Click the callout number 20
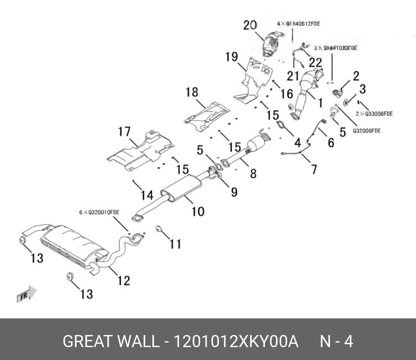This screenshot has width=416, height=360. pyautogui.click(x=250, y=25)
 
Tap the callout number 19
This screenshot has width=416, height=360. pyautogui.click(x=232, y=57)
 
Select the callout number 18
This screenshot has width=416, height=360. pyautogui.click(x=192, y=92)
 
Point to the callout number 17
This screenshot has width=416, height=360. pyautogui.click(x=124, y=132)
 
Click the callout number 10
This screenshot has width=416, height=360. pyautogui.click(x=198, y=211)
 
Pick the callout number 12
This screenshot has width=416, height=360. pyautogui.click(x=124, y=280)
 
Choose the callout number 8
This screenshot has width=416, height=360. pyautogui.click(x=253, y=173)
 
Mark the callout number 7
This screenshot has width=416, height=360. pyautogui.click(x=314, y=169)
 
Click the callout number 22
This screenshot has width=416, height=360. pyautogui.click(x=315, y=62)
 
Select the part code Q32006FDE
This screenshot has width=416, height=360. pyautogui.click(x=367, y=131)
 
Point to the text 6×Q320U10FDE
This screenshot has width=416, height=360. pyautogui.click(x=99, y=212)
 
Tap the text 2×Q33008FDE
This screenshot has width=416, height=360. pyautogui.click(x=374, y=113)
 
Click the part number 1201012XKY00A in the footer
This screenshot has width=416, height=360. pyautogui.click(x=235, y=342)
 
